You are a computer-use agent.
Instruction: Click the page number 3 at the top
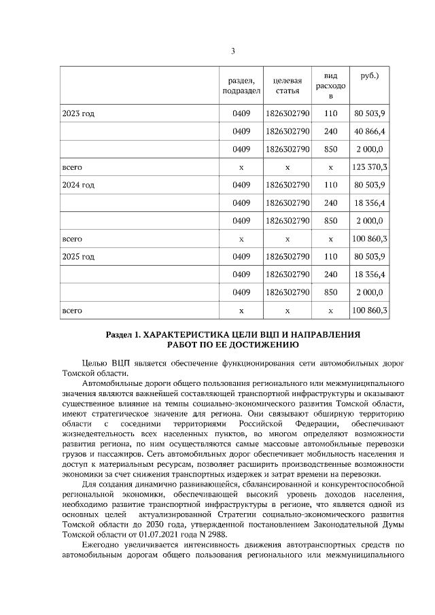point(233,51)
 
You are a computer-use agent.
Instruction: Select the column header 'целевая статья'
point(287,86)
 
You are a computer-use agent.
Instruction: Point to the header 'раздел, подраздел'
point(241,86)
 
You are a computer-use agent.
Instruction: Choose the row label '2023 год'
point(78,113)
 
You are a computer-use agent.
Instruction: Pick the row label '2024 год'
point(78,185)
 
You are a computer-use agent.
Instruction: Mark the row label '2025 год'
point(78,257)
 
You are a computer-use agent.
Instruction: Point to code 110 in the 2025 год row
point(330,257)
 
